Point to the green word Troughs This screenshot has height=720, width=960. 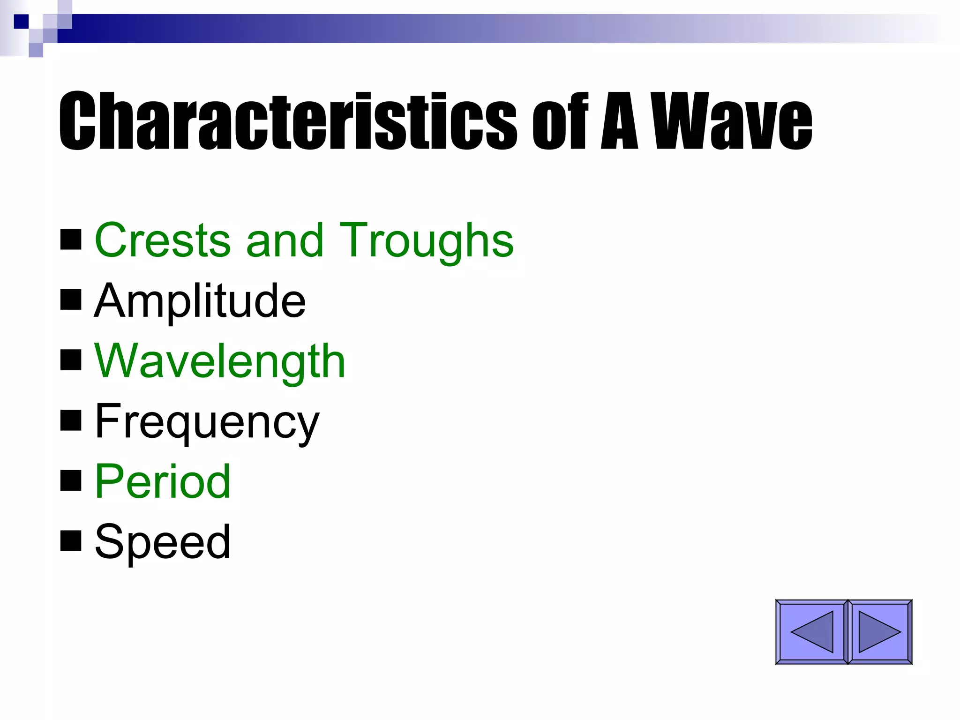pyautogui.click(x=426, y=240)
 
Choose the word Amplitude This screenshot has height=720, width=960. pyautogui.click(x=200, y=300)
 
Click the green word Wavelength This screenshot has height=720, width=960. pyautogui.click(x=220, y=360)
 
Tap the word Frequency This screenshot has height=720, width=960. pyautogui.click(x=207, y=421)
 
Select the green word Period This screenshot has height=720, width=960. pyautogui.click(x=163, y=481)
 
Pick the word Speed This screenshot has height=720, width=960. pyautogui.click(x=163, y=541)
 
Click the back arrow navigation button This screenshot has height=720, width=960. pyautogui.click(x=811, y=632)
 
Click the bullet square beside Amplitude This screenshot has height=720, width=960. pyautogui.click(x=71, y=300)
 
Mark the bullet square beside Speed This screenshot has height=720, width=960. pyautogui.click(x=71, y=541)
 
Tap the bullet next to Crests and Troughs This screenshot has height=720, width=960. pyautogui.click(x=71, y=240)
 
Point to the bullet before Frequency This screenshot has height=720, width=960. pyautogui.click(x=71, y=420)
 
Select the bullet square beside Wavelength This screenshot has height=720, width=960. pyautogui.click(x=71, y=360)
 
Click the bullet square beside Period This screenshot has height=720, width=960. pyautogui.click(x=71, y=480)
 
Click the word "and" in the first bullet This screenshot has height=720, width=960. pyautogui.click(x=285, y=240)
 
